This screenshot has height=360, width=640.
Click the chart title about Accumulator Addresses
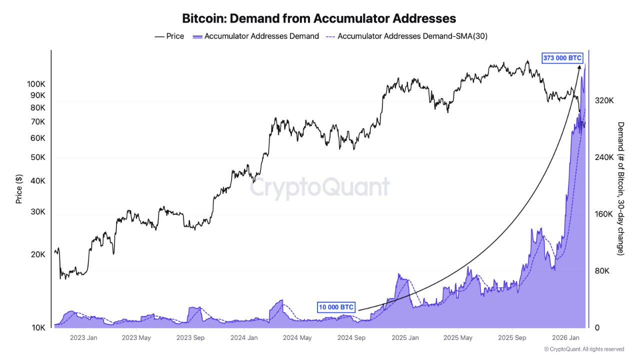[x=319, y=18]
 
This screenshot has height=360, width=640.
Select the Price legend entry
[x=169, y=36]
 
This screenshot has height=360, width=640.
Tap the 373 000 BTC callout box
[x=562, y=58]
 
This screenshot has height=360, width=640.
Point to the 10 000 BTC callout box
[x=336, y=307]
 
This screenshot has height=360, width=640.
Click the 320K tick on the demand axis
[x=604, y=100]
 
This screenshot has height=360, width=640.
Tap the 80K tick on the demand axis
[x=602, y=271]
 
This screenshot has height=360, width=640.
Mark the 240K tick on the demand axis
[x=604, y=157]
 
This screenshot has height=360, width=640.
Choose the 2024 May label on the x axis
[x=298, y=337]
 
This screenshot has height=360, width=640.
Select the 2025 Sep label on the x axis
[x=512, y=337]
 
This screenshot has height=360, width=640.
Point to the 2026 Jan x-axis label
[x=565, y=337]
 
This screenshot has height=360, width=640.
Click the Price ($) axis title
[x=19, y=189]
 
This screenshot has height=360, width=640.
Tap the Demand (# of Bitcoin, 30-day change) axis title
[x=620, y=189]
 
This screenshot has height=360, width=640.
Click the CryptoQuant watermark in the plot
[x=319, y=187]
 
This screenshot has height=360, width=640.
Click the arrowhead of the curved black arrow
[x=579, y=67]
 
